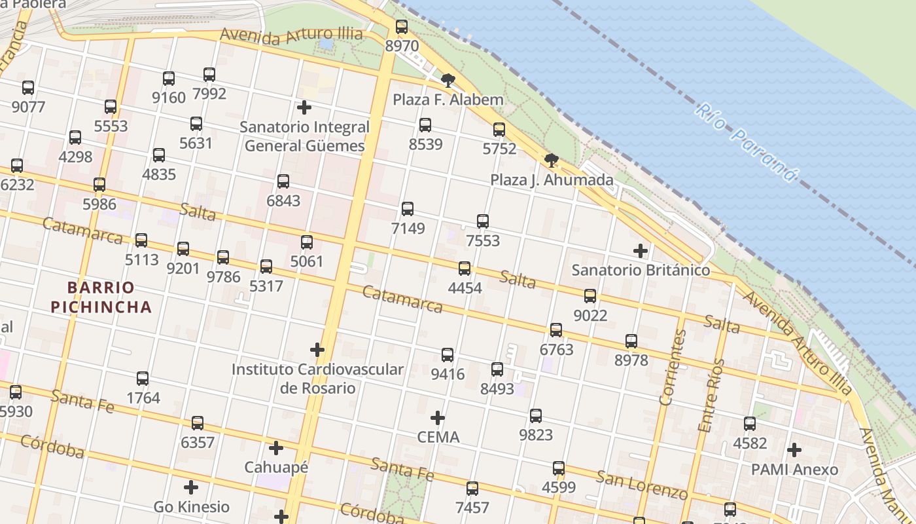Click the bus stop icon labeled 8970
(402, 27)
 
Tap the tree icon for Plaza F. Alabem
(448, 81)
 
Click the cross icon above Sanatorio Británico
(641, 251)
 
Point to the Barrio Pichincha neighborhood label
(101, 297)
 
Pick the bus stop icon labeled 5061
(307, 242)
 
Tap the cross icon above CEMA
(438, 418)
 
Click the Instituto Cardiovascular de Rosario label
(317, 378)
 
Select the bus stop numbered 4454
(465, 268)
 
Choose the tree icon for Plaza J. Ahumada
(552, 160)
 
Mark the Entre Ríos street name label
(711, 395)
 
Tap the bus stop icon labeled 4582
(750, 424)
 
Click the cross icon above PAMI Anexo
(794, 450)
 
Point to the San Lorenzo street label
(641, 484)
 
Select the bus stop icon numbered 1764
(143, 379)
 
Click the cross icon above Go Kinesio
(191, 487)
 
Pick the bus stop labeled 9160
(169, 79)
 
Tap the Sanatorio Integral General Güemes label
(305, 136)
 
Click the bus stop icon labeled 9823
(536, 415)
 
